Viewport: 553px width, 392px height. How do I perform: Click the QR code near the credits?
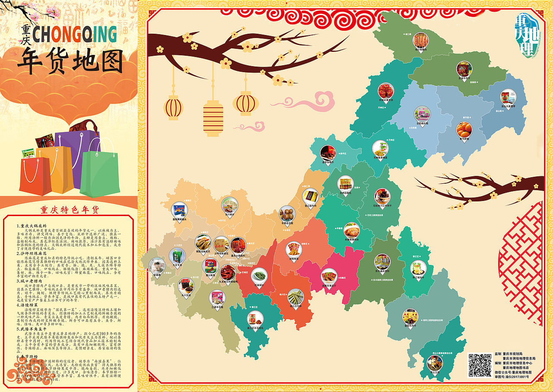480,365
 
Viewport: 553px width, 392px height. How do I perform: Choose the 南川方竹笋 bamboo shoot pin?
296,297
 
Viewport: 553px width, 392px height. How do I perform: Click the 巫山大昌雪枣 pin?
508,97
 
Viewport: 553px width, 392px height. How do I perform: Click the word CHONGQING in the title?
75,35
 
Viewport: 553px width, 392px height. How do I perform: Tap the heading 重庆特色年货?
70,210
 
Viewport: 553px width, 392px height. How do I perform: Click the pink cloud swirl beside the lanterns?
302,100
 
